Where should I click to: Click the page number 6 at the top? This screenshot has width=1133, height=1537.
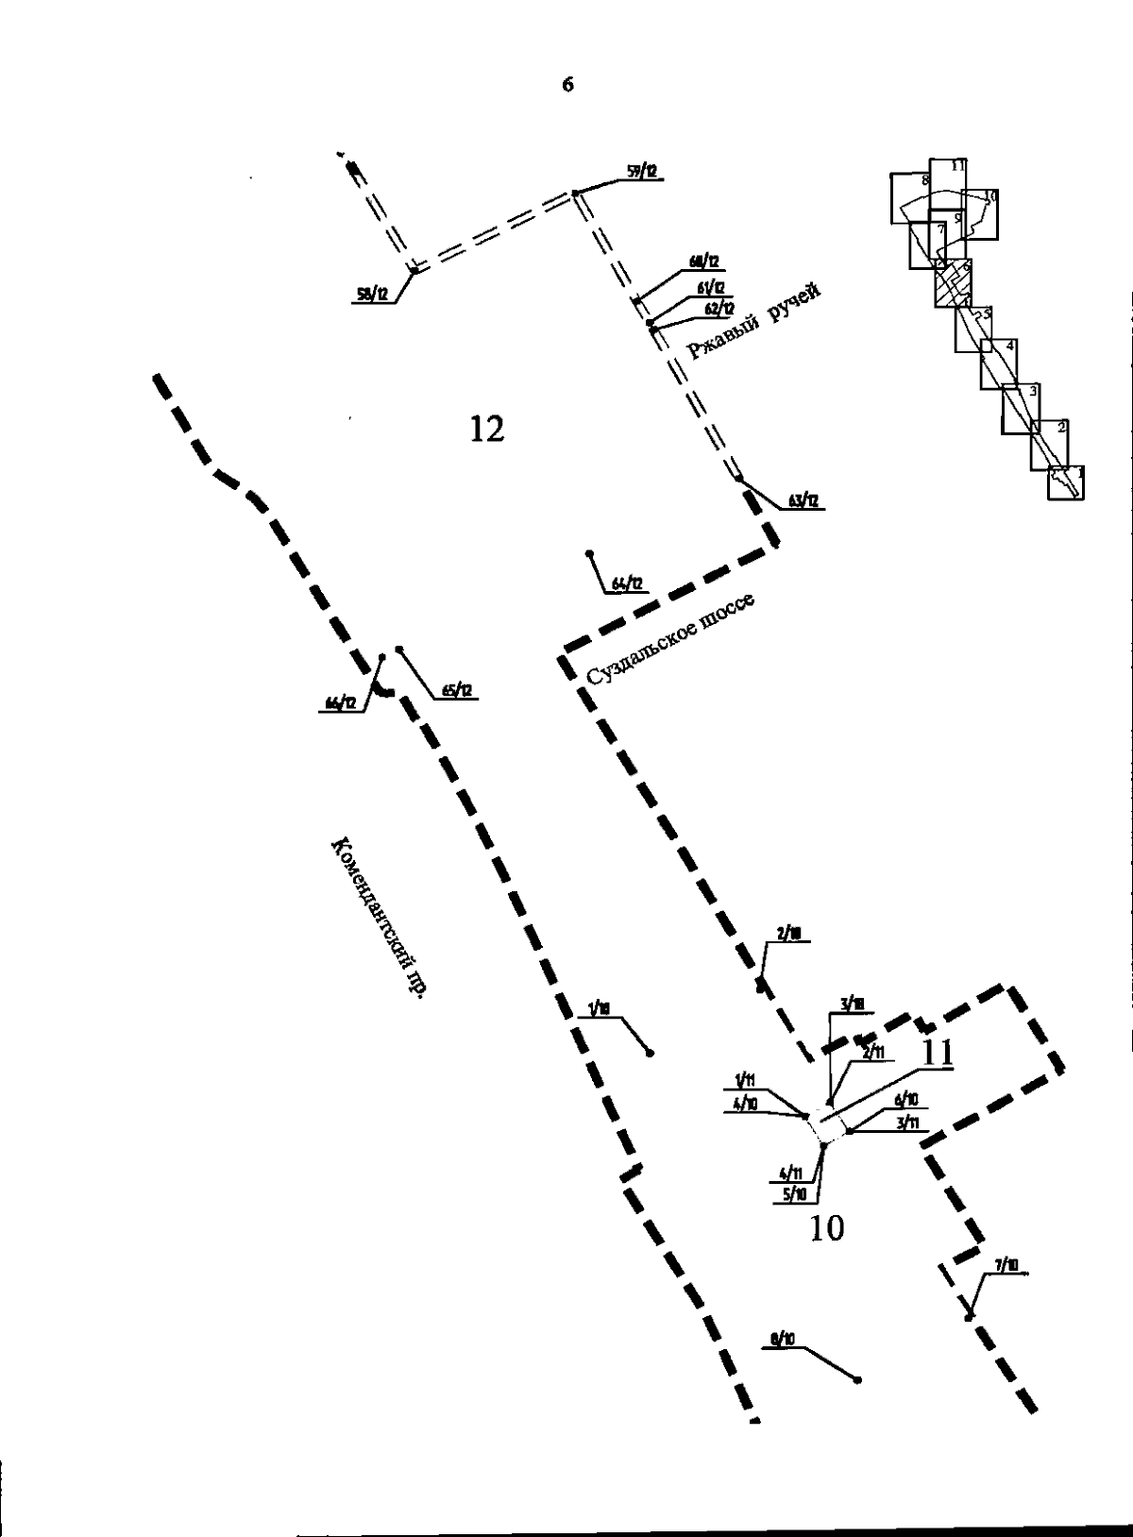point(567,85)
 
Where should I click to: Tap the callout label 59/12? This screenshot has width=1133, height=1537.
point(642,172)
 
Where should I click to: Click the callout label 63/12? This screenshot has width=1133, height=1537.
point(803,501)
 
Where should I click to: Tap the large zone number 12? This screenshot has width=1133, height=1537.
point(487,430)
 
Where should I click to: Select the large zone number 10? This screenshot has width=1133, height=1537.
point(827,1228)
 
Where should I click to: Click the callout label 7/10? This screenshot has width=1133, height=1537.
point(1006,1265)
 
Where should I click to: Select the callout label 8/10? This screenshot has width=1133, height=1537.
point(783,1339)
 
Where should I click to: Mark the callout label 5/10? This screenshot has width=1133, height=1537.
point(794,1194)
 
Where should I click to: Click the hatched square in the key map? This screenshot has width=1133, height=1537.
point(953,284)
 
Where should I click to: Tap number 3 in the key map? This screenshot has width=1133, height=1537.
point(1034,391)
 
